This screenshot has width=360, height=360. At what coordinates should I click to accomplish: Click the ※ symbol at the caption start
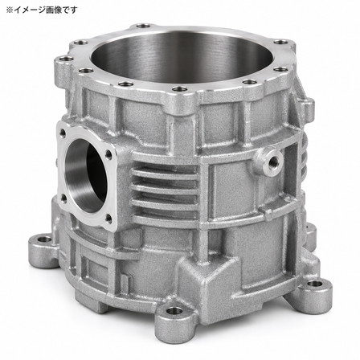click(x=10, y=10)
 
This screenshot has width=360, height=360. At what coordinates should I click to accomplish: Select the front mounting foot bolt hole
click(x=174, y=311)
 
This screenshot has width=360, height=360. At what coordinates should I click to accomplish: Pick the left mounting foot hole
click(x=43, y=239)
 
